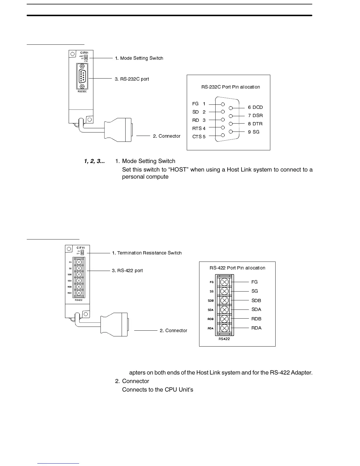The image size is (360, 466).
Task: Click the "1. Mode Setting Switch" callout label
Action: [x=139, y=58]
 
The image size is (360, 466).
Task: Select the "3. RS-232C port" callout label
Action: [x=132, y=79]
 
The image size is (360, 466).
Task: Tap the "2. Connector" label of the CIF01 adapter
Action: [x=166, y=136]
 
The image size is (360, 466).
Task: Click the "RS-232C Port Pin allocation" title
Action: [x=231, y=87]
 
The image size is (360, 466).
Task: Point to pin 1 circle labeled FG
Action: [x=223, y=104]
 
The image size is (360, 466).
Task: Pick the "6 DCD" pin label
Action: [x=255, y=107]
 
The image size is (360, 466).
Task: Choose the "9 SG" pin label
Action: [x=254, y=132]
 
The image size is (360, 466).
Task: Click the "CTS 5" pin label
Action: [x=199, y=137]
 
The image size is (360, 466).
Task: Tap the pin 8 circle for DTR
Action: [x=231, y=124]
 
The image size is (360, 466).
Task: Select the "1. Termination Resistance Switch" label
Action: [x=147, y=253]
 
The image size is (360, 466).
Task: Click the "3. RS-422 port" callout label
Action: [x=127, y=271]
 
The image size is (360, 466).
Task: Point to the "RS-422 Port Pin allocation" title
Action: [x=237, y=268]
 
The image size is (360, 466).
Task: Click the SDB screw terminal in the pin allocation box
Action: [x=224, y=300]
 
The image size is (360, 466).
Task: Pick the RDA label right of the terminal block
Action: [x=256, y=328]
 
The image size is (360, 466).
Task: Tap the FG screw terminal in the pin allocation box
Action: [x=224, y=282]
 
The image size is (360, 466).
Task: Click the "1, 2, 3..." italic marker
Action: [x=94, y=161]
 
